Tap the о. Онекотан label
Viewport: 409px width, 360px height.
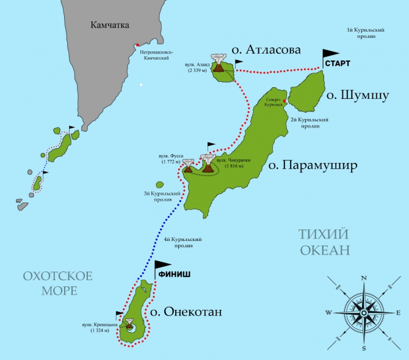click(186, 312)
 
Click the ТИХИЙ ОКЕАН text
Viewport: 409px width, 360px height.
click(325, 242)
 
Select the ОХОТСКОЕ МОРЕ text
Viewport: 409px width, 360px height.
click(57, 283)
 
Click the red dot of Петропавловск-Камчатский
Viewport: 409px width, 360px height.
click(139, 45)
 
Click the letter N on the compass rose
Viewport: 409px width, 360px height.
click(364, 278)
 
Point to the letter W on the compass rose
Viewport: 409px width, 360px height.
click(328, 313)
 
